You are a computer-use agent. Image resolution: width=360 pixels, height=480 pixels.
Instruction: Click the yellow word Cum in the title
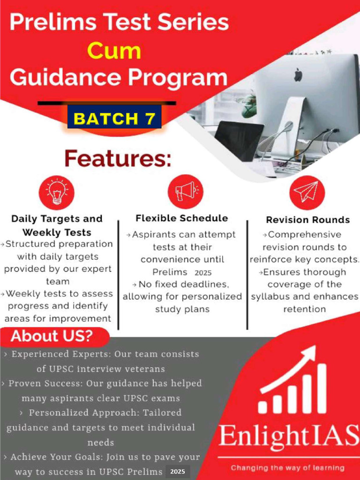[x=114, y=51]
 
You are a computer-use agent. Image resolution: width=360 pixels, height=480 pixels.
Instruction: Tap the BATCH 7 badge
[x=114, y=119]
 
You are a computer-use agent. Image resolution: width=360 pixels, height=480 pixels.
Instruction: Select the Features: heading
[x=118, y=158]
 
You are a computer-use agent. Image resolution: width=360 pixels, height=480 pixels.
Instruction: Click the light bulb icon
[x=57, y=192]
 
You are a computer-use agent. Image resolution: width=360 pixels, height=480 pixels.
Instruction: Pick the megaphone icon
[x=186, y=191]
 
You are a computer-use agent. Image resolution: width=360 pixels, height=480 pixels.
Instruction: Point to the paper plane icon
[x=307, y=192]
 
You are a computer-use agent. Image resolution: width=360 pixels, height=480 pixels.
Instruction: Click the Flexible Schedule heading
[x=182, y=218]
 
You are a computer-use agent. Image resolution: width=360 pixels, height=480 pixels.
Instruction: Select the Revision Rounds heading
[x=308, y=219]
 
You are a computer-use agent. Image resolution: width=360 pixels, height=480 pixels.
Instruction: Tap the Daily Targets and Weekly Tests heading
[x=57, y=225]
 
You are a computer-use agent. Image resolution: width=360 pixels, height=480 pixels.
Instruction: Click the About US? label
[x=52, y=336]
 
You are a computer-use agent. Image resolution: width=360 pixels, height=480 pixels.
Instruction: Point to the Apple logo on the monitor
[x=298, y=75]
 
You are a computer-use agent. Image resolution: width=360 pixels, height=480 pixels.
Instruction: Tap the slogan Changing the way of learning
[x=288, y=467]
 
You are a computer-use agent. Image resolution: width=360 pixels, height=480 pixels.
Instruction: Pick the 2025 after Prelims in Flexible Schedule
[x=203, y=272]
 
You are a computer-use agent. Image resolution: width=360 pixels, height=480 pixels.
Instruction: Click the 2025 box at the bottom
[x=178, y=471]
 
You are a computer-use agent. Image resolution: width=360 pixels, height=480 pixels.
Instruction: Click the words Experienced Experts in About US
[x=47, y=354]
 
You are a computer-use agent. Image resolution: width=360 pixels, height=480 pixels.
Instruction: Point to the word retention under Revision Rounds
[x=304, y=309]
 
